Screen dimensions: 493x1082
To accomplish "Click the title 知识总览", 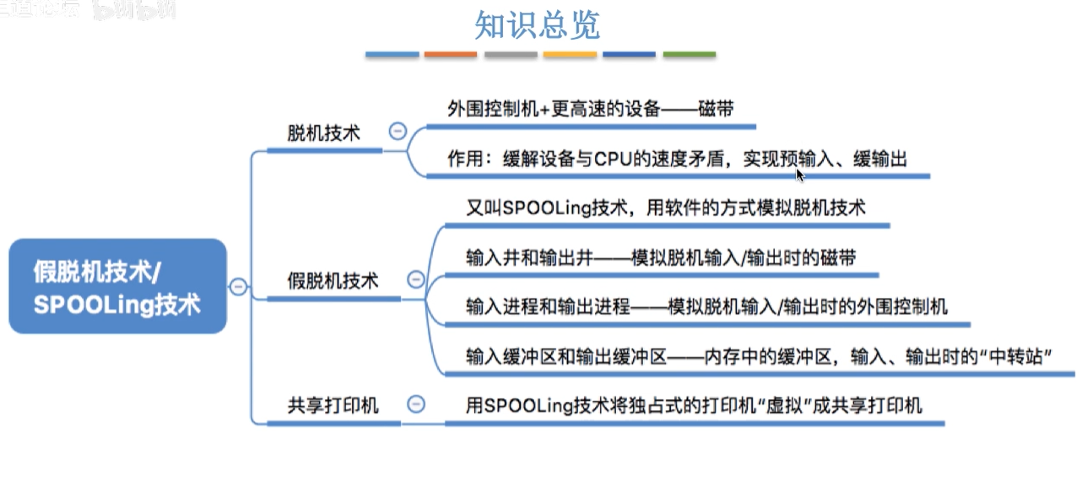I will coord(537,25).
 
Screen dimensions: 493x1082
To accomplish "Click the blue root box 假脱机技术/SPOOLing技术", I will coord(118,286).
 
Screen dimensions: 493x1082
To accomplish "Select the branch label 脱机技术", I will coord(323,133).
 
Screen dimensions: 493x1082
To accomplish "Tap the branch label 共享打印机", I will coord(333,405).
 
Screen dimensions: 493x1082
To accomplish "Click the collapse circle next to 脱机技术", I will coord(397,132).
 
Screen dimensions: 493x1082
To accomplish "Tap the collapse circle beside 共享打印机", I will coord(415,404).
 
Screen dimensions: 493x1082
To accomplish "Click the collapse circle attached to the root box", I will coord(238,286).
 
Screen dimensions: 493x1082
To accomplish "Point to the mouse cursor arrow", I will coord(799,173).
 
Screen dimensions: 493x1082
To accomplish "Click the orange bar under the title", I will coord(451,55).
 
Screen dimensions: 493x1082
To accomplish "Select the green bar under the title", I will coord(689,55).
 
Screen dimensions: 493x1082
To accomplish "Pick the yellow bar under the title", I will coord(570,55).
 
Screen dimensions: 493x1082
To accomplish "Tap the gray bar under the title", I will coord(511,55).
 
